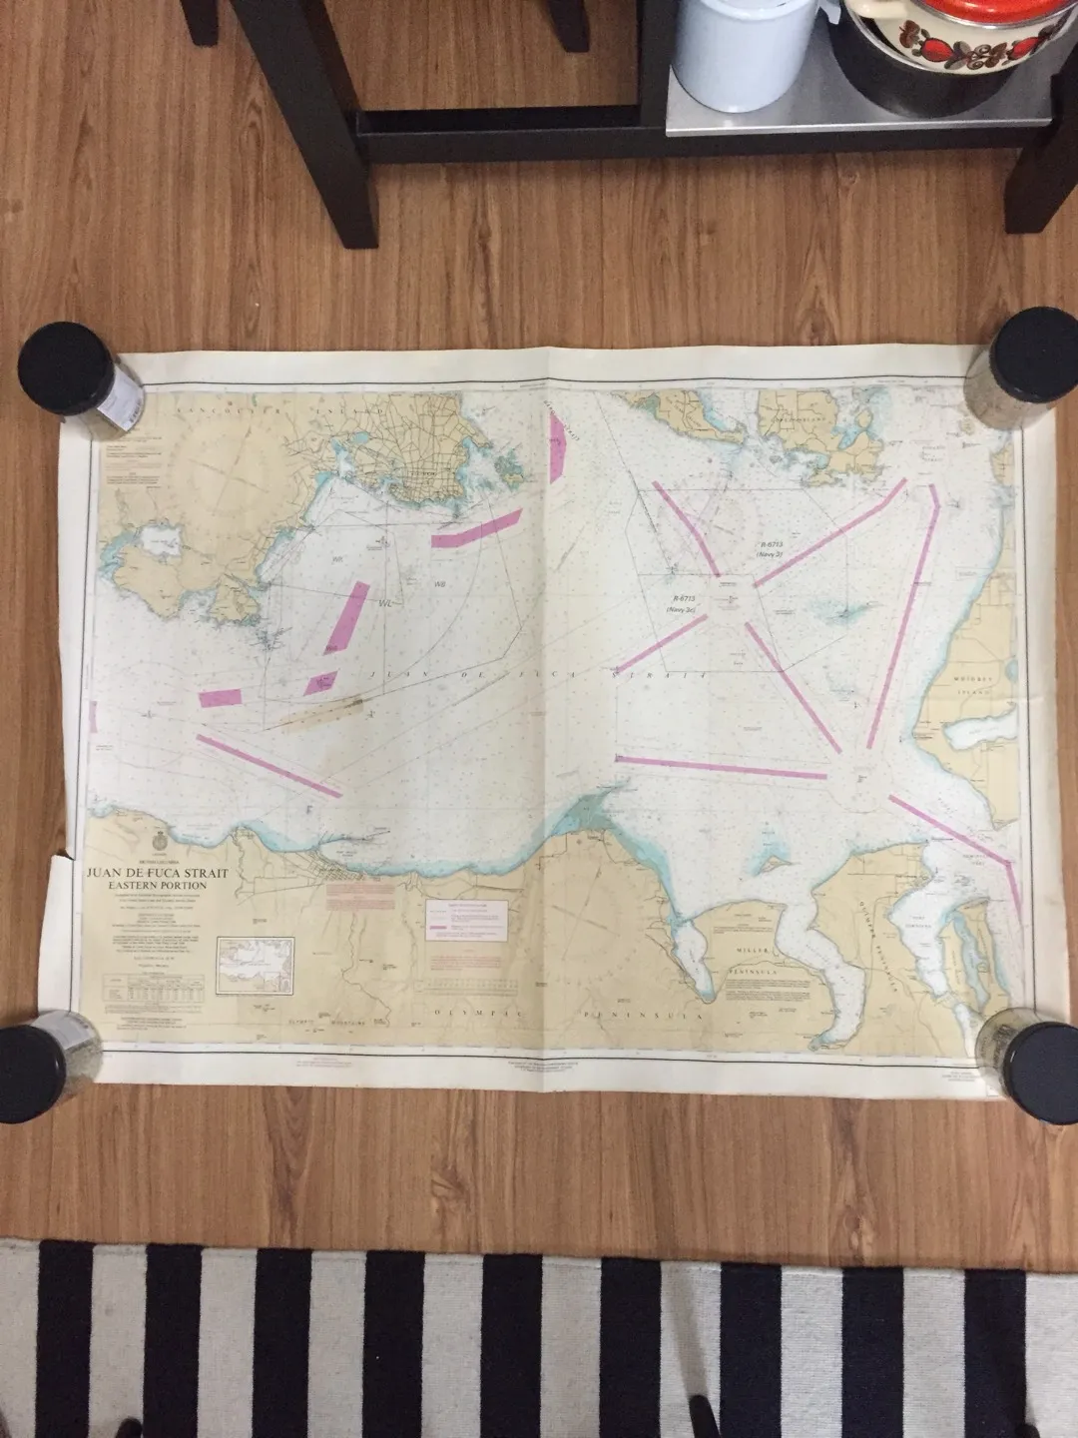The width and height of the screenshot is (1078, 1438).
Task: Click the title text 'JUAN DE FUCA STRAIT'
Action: pos(158,874)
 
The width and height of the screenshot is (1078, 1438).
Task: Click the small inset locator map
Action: pos(256,965)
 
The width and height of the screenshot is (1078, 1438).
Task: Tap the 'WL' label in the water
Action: pos(386,603)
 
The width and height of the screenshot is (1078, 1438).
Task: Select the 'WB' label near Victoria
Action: pos(439,583)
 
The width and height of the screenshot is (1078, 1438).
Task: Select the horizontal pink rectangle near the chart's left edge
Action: pos(221,697)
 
